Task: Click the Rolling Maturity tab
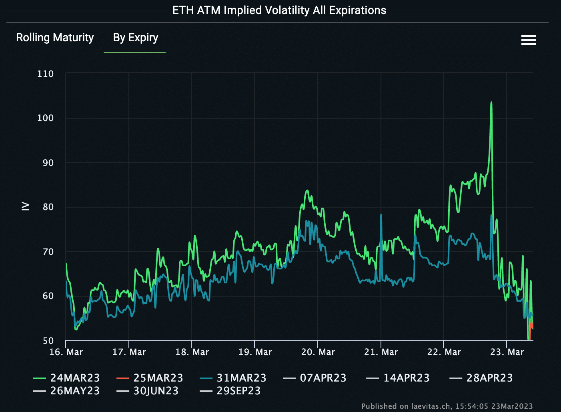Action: click(x=55, y=38)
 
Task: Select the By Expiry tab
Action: click(x=135, y=38)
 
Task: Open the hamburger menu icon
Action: click(x=528, y=40)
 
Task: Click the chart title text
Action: click(x=279, y=10)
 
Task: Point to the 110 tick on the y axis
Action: click(x=45, y=74)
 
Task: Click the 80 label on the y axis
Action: click(x=48, y=207)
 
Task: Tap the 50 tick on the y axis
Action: click(x=48, y=341)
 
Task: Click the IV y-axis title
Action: click(x=25, y=206)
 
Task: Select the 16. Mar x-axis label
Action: click(x=66, y=352)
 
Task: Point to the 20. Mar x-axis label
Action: click(x=318, y=352)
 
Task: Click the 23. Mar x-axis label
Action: click(x=507, y=352)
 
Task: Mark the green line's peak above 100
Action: click(x=491, y=103)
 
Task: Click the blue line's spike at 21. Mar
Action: click(x=381, y=215)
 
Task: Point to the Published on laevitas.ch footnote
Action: click(x=447, y=406)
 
